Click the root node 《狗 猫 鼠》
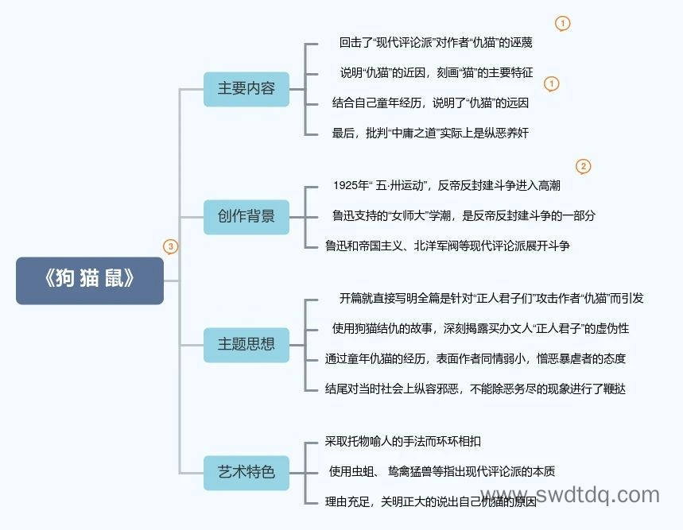click(x=90, y=280)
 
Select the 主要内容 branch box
click(x=246, y=89)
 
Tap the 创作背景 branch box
click(x=246, y=217)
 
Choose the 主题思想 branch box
click(x=246, y=345)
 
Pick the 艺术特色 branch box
click(x=246, y=473)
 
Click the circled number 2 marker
click(x=584, y=166)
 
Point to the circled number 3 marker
click(x=170, y=246)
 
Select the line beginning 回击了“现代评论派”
click(x=436, y=42)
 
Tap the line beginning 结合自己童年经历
click(x=430, y=103)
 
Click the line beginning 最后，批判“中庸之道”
click(x=430, y=133)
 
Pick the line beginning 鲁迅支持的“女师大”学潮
click(x=464, y=215)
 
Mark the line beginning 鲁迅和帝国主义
click(x=448, y=246)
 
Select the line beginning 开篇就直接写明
click(x=491, y=298)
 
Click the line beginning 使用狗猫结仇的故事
click(x=480, y=328)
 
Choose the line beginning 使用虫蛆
click(x=442, y=471)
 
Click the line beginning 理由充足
click(x=431, y=501)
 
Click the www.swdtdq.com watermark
click(x=571, y=496)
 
